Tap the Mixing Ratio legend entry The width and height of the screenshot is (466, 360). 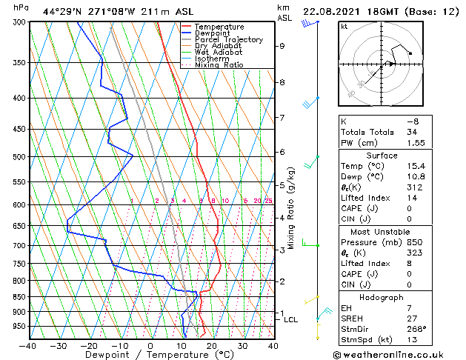click(x=219, y=65)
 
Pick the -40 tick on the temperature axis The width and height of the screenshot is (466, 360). click(x=28, y=345)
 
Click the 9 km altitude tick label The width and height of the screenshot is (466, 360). click(x=282, y=46)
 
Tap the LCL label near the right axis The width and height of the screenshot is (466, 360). click(x=291, y=320)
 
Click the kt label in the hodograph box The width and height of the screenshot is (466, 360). click(x=344, y=27)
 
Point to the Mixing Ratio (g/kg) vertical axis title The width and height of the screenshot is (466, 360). click(x=292, y=207)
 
